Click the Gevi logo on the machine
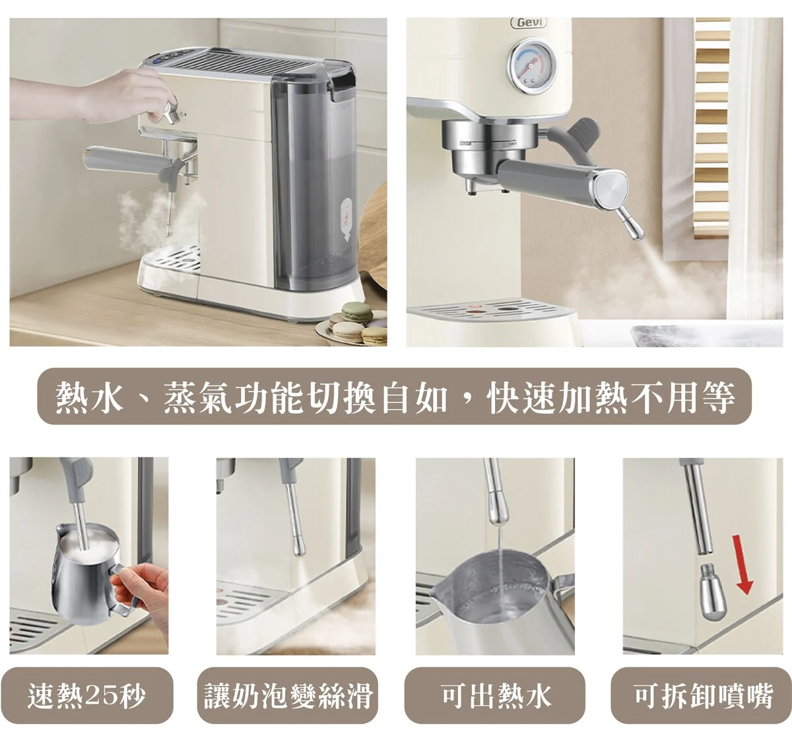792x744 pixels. point(529,22)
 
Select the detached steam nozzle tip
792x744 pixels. point(713,592)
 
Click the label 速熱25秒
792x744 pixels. point(86,696)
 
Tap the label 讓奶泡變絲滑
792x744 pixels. point(288,696)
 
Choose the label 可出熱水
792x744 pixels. point(496,696)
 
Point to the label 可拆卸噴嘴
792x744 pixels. point(704,696)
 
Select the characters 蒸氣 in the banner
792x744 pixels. point(198,397)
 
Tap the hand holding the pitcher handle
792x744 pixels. point(143,590)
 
